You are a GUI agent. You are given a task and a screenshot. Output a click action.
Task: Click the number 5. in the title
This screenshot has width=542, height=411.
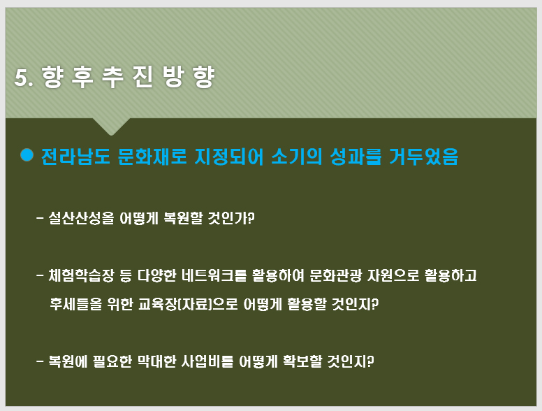24,77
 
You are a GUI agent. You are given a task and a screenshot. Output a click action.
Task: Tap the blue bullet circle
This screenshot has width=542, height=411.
27,154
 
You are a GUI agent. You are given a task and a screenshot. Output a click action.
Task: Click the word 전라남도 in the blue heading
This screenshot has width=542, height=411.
75,157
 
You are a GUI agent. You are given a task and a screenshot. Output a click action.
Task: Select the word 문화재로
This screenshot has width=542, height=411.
152,157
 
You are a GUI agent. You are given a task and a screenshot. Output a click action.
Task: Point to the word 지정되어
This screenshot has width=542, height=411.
229,157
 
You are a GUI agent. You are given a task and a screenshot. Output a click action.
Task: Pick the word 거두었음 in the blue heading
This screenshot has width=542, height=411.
424,157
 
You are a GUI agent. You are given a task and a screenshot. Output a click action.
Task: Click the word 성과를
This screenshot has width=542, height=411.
356,157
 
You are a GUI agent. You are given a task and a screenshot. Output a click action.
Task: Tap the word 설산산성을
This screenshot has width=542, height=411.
81,218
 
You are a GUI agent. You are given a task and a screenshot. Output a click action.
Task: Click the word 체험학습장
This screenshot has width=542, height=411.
81,275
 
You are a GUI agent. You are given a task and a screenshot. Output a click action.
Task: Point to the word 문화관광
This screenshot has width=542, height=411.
336,275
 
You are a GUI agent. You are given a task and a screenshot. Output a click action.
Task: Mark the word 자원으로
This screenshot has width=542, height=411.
393,275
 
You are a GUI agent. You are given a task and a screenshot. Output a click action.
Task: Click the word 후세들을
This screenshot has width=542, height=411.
76,304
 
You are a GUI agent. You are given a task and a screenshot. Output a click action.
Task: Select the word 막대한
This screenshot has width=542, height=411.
157,361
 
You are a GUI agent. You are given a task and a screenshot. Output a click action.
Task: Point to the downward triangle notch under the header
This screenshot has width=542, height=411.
111,125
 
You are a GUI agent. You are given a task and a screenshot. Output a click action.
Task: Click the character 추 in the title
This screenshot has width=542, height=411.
112,77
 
